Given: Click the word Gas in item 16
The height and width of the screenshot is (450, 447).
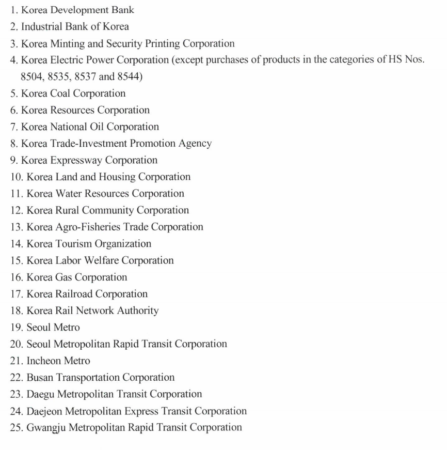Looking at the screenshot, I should [63, 277].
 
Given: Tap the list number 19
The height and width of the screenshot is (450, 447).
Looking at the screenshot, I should [17, 328].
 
